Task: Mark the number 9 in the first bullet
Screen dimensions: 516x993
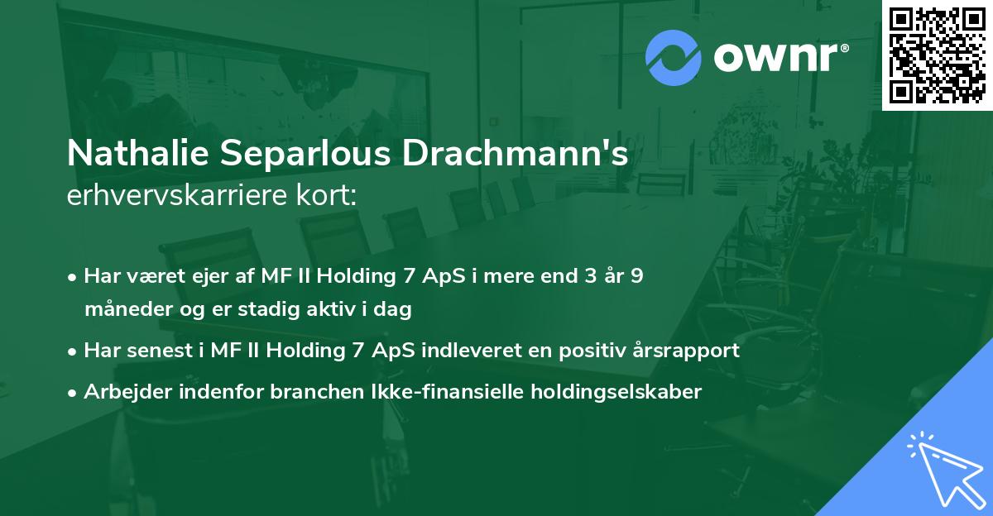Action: [636, 276]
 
